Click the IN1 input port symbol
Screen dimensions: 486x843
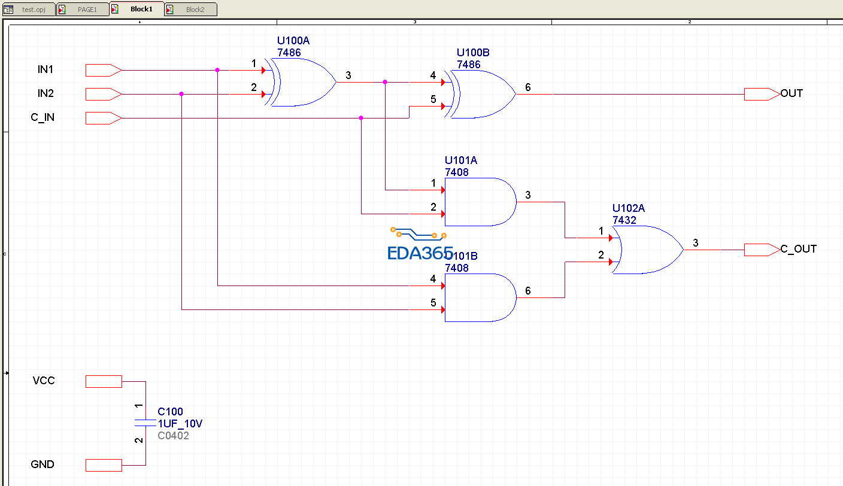104,70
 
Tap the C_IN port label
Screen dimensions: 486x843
43,117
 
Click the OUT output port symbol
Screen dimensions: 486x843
762,94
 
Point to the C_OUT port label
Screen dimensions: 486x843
799,249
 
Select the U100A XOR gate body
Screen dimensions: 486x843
302,82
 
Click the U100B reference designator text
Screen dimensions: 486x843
472,53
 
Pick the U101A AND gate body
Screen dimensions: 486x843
479,202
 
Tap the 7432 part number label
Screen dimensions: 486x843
624,220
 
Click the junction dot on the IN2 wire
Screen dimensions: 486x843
181,94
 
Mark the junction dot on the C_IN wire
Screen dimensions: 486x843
361,118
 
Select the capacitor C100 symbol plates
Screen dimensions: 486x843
145,423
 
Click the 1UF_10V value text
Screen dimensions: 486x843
180,424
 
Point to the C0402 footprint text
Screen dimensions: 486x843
173,436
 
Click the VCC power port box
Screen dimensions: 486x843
104,381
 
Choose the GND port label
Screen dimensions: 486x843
43,464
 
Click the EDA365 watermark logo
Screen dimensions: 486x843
419,245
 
